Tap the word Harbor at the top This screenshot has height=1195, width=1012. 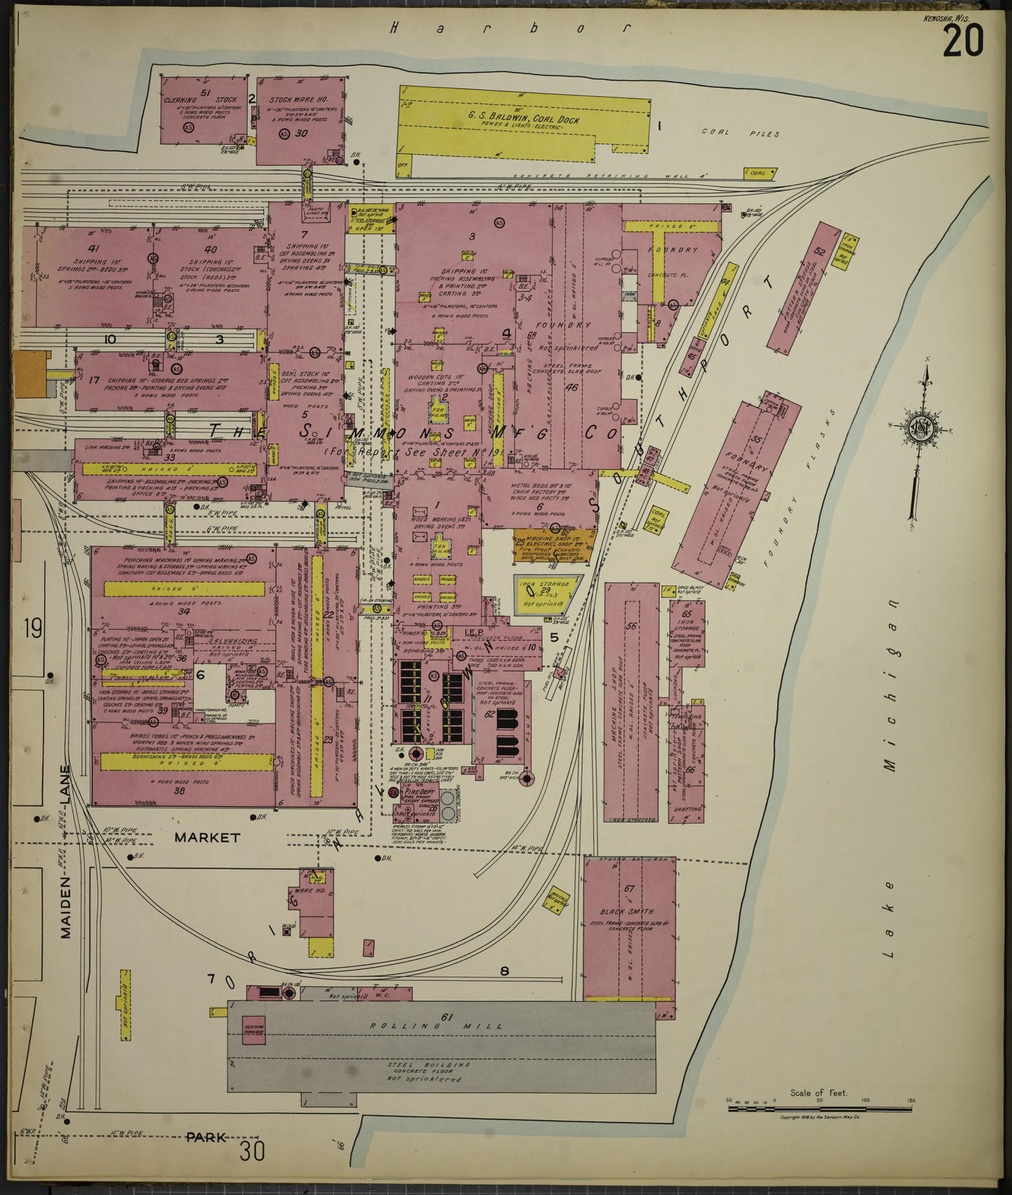[509, 29]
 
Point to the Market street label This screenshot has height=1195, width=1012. [207, 837]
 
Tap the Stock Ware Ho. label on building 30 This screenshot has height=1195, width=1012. [298, 100]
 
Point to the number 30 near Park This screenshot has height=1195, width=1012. [251, 1151]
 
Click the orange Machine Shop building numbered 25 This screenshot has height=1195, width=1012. [550, 547]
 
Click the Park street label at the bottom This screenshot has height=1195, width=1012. [206, 1137]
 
